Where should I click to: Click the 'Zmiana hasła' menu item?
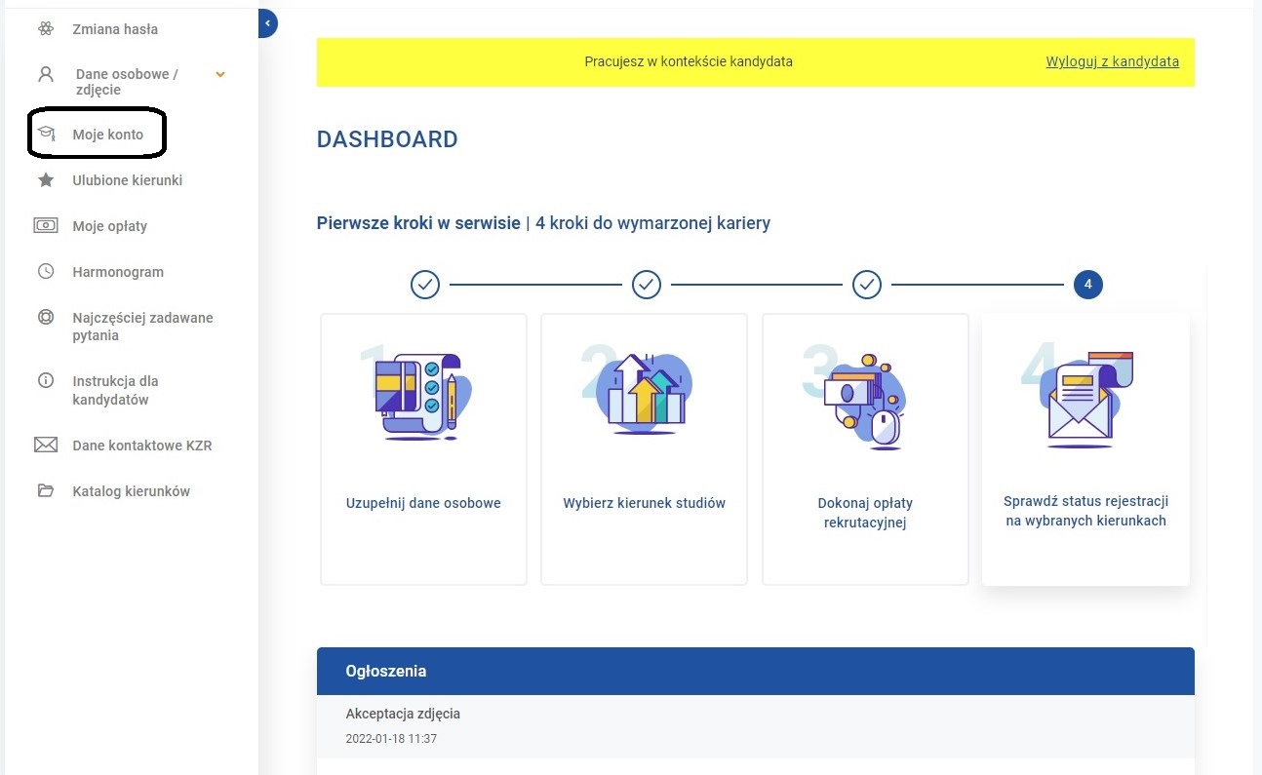point(115,28)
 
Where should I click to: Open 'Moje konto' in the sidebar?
point(107,135)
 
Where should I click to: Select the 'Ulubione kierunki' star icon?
point(46,179)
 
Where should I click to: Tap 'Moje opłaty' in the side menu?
point(109,226)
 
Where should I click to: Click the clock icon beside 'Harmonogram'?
point(46,271)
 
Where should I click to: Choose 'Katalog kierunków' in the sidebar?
point(131,491)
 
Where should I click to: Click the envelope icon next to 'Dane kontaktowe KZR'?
point(46,445)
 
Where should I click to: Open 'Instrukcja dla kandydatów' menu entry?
point(115,390)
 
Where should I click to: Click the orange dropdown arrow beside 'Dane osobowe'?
point(220,74)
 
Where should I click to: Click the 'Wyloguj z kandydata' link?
point(1112,61)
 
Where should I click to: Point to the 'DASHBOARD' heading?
point(387,139)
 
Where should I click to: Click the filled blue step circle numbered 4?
point(1087,285)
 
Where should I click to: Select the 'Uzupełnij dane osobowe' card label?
point(423,502)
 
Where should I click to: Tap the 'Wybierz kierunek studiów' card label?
point(644,502)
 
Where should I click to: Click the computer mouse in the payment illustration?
point(886,428)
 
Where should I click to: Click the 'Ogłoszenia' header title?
point(386,671)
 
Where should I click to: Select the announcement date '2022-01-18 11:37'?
point(391,738)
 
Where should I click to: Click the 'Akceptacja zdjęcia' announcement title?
point(403,714)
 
